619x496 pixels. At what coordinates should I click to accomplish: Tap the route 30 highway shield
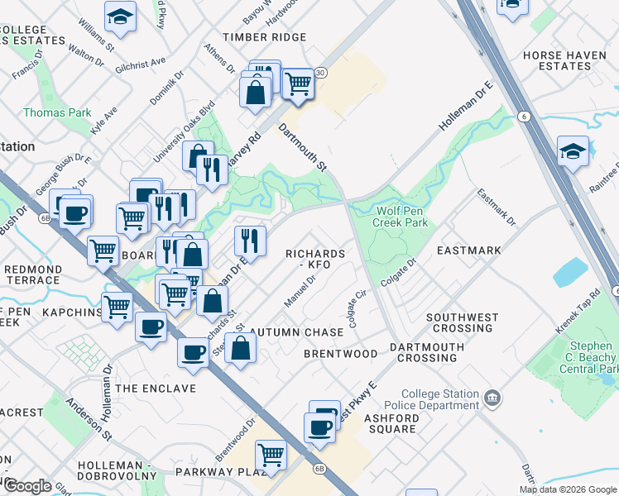[x=319, y=73]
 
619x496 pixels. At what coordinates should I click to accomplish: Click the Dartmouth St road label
[x=302, y=147]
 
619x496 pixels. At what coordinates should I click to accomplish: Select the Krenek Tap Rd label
[x=578, y=312]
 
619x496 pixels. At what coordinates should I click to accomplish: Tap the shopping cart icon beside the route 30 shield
[x=297, y=83]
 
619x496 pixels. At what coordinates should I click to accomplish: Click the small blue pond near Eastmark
[x=570, y=272]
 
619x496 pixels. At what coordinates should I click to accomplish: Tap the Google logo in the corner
[x=28, y=486]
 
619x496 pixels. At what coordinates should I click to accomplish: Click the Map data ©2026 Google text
[x=568, y=489]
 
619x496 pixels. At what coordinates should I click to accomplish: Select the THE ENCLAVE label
[x=156, y=388]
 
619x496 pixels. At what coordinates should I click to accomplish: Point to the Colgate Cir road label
[x=357, y=308]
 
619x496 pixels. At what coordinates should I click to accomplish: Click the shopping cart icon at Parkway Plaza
[x=270, y=455]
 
